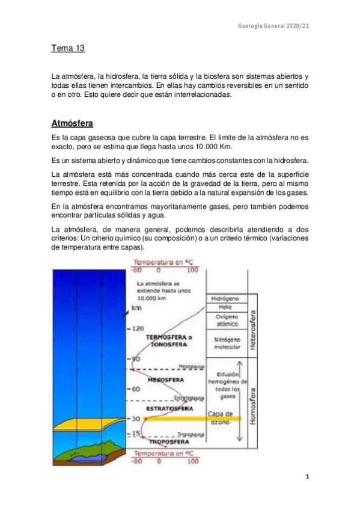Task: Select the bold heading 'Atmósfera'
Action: [x=72, y=123]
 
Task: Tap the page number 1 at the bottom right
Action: [x=307, y=477]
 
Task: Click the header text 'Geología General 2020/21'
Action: [x=273, y=26]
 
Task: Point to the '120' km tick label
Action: [x=138, y=329]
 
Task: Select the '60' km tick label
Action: [x=137, y=389]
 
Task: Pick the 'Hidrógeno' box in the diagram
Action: [x=225, y=299]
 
